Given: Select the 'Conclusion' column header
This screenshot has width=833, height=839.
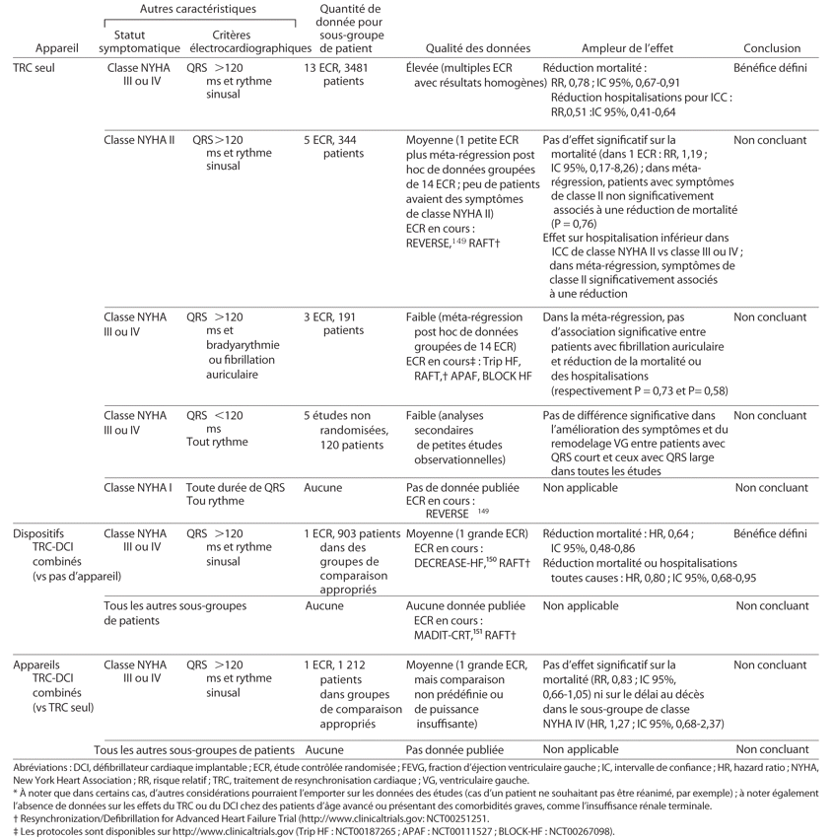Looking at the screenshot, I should click(x=772, y=48).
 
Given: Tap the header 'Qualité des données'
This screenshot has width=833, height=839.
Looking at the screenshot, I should click(x=477, y=48).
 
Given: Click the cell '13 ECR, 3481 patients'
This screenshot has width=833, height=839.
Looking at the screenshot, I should click(x=336, y=75).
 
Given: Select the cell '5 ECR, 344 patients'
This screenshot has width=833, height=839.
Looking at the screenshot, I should click(x=336, y=147).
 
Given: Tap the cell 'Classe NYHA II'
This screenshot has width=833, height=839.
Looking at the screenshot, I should click(x=140, y=141).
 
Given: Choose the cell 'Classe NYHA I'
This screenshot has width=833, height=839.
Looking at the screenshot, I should click(x=138, y=487).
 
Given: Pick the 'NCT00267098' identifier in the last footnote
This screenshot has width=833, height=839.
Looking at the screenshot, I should click(x=566, y=831).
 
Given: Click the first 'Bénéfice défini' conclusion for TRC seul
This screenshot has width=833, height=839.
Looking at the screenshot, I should click(x=771, y=69).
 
